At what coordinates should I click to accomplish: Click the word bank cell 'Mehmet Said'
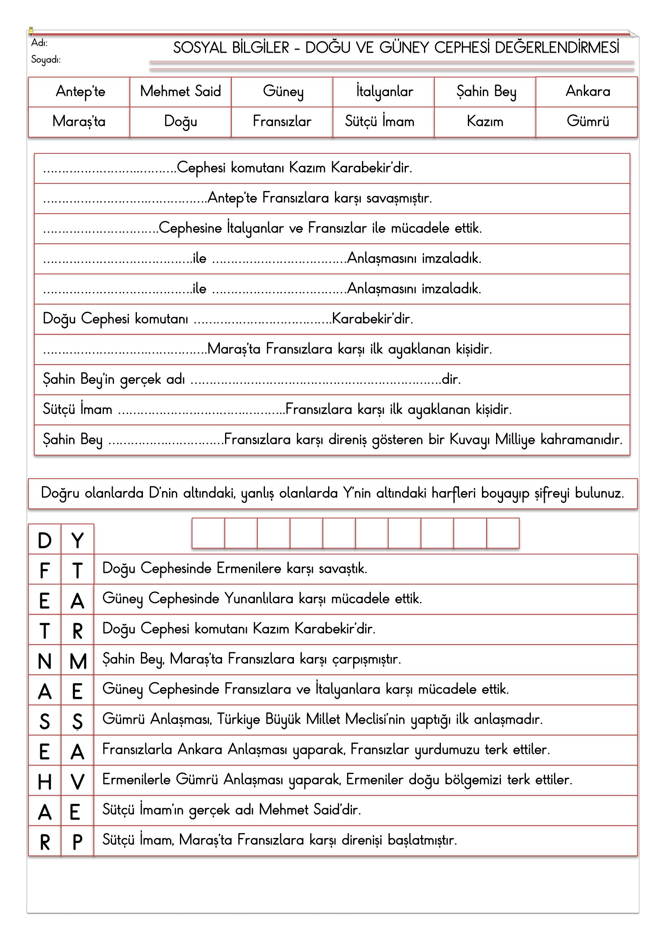coord(180,91)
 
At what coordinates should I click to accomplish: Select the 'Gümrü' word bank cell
coord(587,121)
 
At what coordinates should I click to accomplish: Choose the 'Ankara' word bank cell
coord(587,91)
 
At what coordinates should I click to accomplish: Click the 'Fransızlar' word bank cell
coord(282,121)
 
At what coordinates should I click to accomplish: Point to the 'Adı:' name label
coord(39,43)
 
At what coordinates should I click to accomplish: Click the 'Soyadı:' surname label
coord(46,60)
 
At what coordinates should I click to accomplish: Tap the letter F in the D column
coord(45,571)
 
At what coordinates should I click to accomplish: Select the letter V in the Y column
coord(77,782)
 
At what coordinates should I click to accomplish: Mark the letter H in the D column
coord(45,782)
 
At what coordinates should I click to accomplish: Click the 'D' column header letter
coord(45,541)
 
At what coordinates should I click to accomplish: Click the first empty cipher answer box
coord(208,533)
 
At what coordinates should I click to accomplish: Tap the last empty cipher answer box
coord(503,533)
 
